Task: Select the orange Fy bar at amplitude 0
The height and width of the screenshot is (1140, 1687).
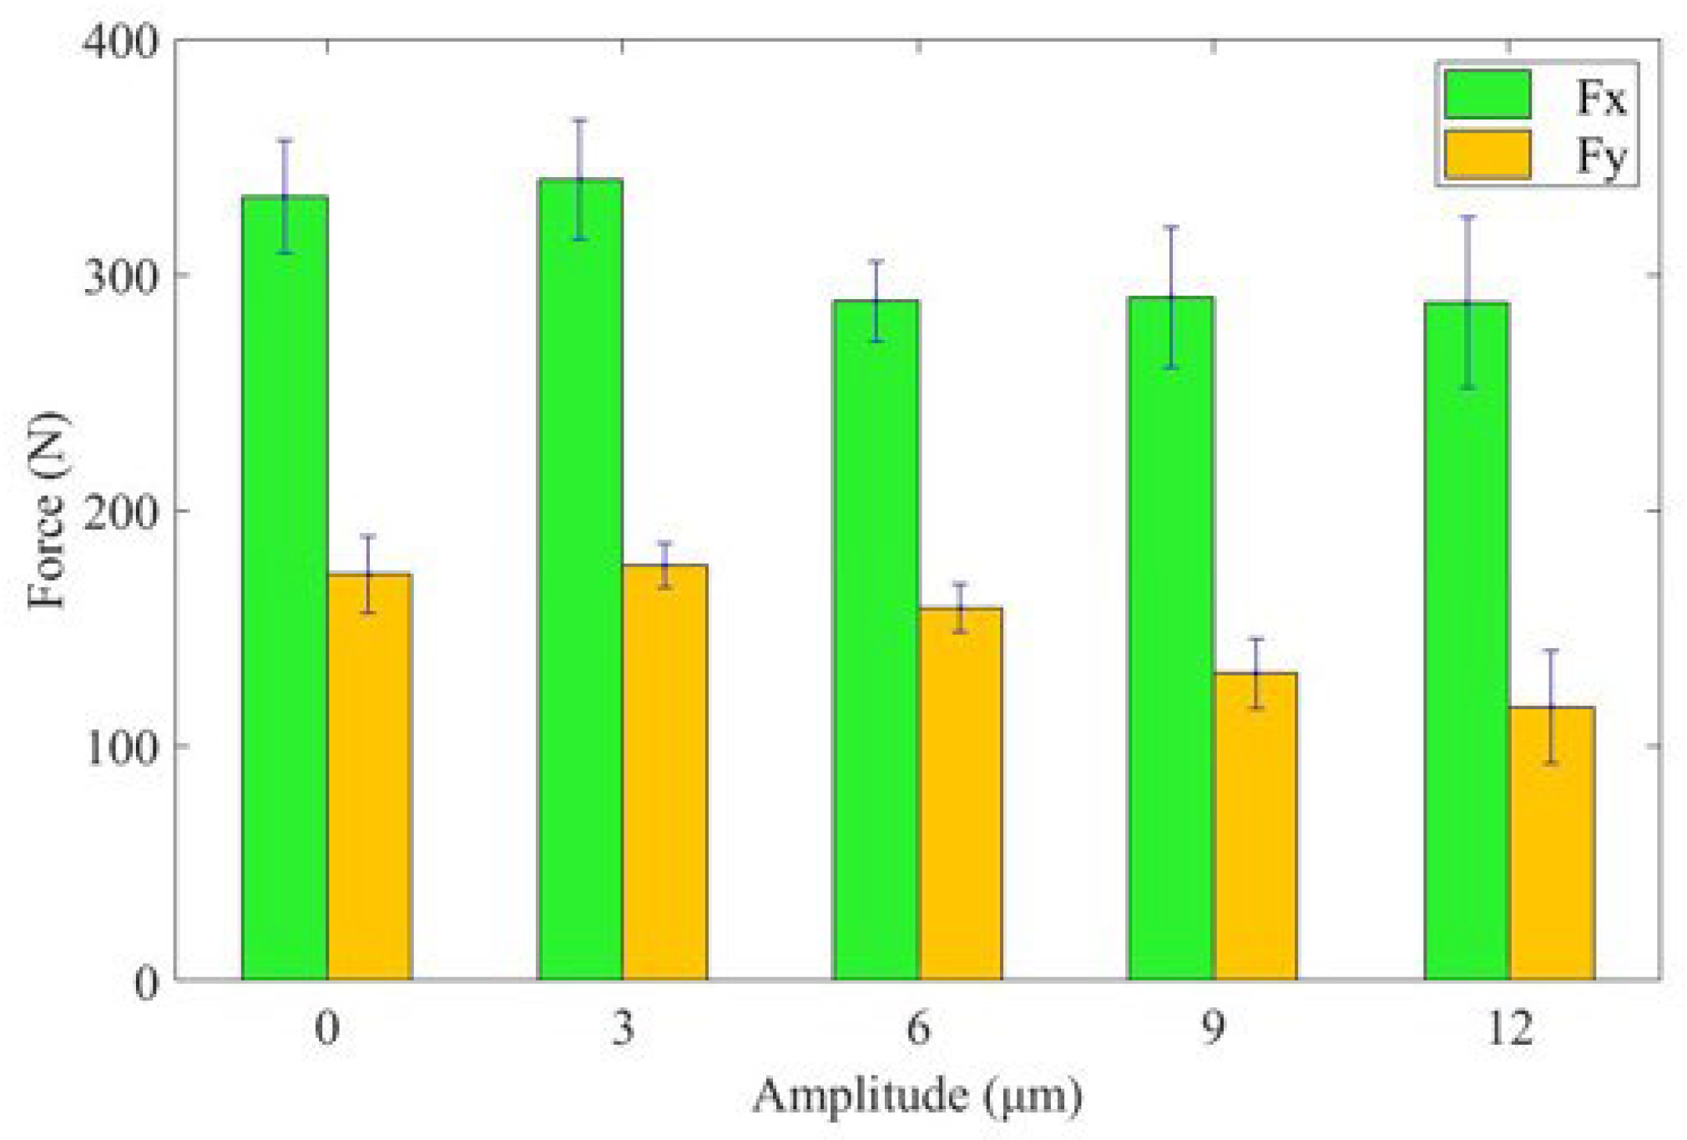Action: (369, 776)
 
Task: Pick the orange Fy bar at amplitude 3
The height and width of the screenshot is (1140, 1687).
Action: (665, 772)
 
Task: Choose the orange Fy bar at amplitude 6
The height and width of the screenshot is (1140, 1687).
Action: (960, 793)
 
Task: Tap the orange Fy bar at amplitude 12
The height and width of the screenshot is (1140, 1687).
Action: (1552, 843)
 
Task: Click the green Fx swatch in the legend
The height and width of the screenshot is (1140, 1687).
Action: (1487, 94)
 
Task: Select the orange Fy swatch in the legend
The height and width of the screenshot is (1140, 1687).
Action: (1487, 155)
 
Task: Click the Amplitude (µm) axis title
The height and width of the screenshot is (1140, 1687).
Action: (918, 1096)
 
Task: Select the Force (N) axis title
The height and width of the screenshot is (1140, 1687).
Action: (46, 509)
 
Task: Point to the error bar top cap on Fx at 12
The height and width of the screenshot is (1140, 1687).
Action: (1467, 217)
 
